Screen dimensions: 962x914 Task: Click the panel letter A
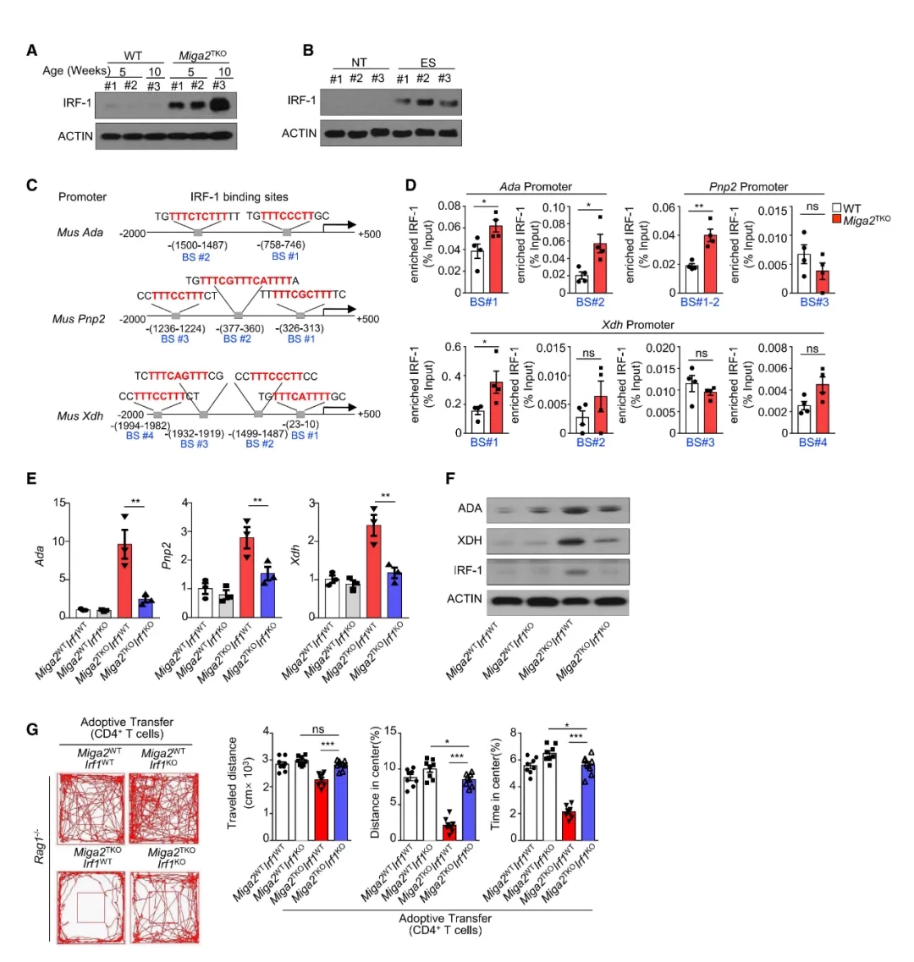tap(31, 50)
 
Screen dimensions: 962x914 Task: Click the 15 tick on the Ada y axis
tap(60, 503)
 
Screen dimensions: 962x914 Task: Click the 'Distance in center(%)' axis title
tap(376, 783)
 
